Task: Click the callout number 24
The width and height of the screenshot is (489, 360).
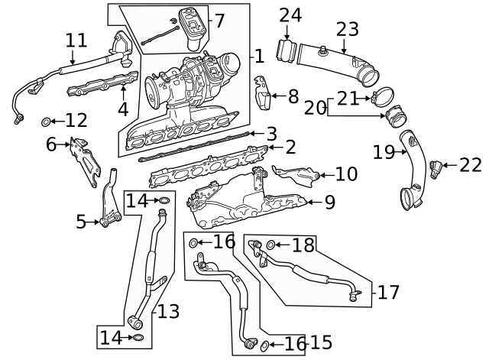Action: click(x=290, y=14)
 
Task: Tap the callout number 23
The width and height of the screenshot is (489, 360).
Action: click(x=347, y=29)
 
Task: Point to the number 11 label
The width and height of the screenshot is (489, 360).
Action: click(x=76, y=41)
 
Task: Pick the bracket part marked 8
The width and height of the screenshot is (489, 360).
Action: click(x=261, y=96)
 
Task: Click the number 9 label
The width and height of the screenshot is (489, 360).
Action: click(x=329, y=202)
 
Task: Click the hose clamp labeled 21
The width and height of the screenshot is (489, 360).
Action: click(x=378, y=98)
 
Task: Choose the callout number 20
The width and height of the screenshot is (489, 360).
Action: click(x=314, y=108)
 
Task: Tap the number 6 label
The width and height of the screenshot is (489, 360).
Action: click(x=52, y=144)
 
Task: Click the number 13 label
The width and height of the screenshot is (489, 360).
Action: click(x=168, y=311)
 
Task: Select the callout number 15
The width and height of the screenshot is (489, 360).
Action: click(x=321, y=342)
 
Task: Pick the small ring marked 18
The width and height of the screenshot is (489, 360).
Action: click(x=270, y=245)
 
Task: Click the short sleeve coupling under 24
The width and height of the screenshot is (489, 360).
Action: click(x=288, y=51)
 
